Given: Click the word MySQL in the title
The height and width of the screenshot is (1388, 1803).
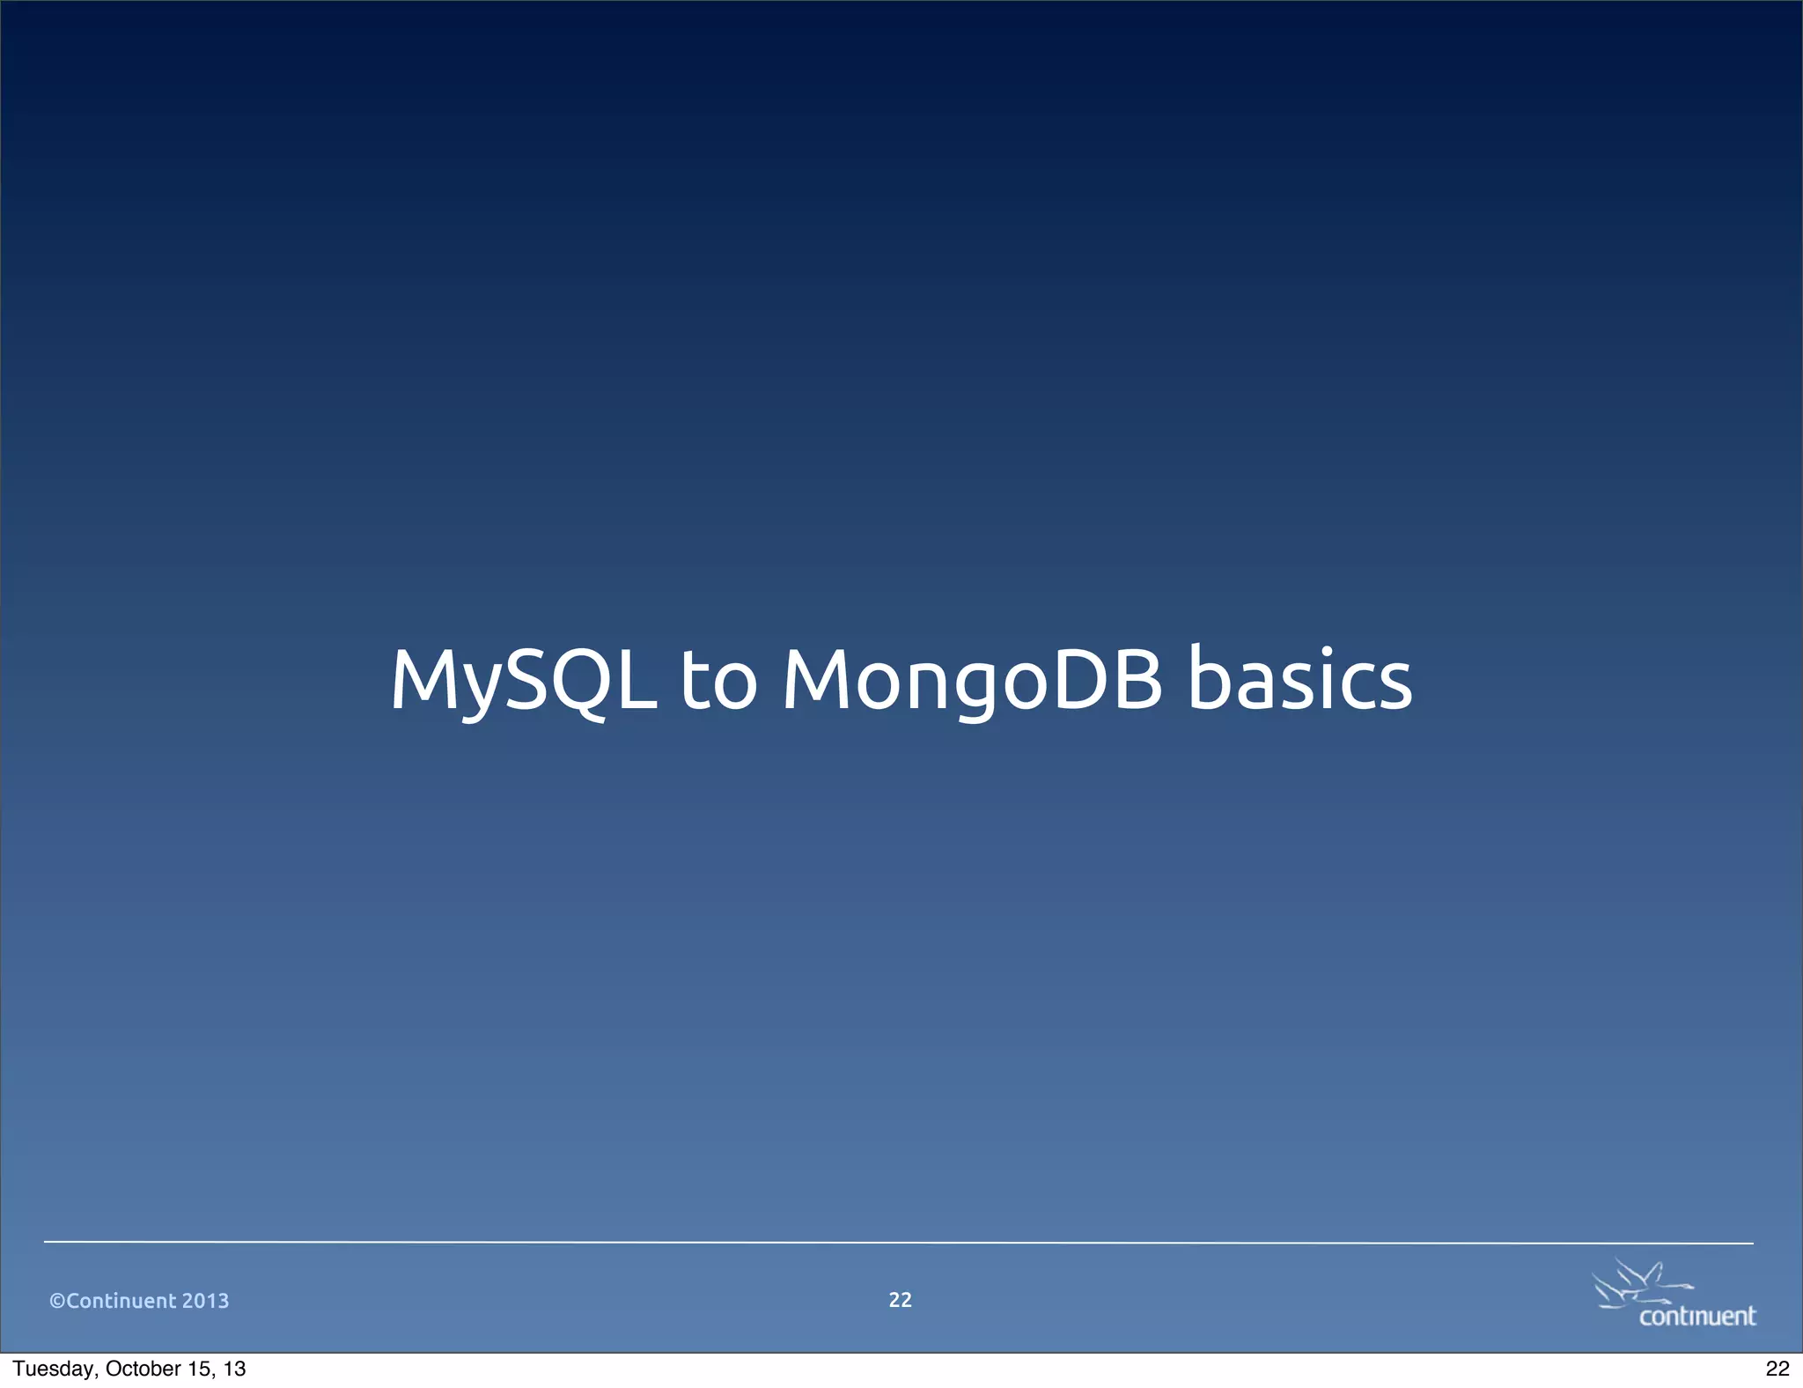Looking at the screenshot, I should tap(523, 680).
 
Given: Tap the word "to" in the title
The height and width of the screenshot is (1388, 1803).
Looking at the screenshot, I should tap(718, 680).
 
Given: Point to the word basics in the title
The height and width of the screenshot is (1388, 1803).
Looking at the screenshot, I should tap(1299, 680).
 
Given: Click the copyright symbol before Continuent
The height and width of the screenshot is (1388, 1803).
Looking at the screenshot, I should tap(57, 1301).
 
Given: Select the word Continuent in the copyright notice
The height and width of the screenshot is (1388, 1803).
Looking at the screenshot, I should tap(121, 1301).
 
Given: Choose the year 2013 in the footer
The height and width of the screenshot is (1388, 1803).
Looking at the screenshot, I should tap(205, 1301).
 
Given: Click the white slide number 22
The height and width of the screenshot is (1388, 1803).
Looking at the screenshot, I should tap(900, 1300).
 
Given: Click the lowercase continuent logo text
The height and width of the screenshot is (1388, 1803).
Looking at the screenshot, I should tap(1696, 1316).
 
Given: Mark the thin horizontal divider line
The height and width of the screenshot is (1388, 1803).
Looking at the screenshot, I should tap(898, 1243).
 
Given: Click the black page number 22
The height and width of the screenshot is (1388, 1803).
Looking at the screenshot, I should tap(1777, 1369).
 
